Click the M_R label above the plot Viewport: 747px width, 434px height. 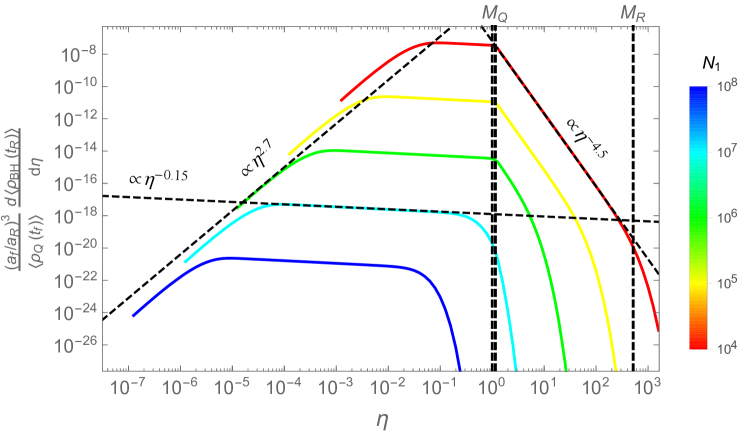tap(633, 13)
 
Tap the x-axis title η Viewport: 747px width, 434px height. tap(381, 419)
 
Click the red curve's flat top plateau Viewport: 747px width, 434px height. tap(460, 45)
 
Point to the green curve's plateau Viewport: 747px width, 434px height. tap(400, 154)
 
